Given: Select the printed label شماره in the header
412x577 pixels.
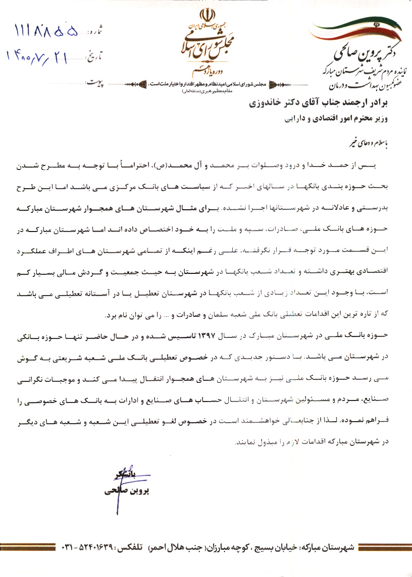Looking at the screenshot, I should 96,32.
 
